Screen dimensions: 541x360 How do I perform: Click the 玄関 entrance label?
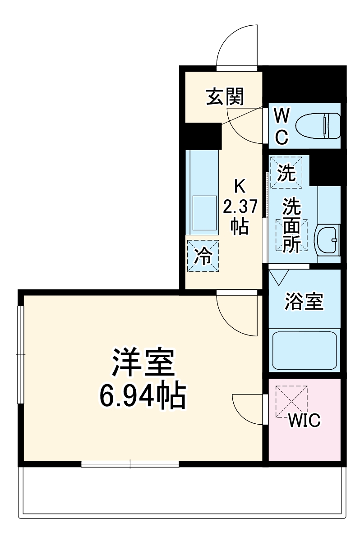click(x=225, y=97)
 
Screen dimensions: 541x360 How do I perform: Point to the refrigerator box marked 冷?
click(x=203, y=257)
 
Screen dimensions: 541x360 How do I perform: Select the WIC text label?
click(x=304, y=421)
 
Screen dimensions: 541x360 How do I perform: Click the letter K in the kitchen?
click(x=240, y=186)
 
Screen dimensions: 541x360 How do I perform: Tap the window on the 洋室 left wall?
click(x=20, y=355)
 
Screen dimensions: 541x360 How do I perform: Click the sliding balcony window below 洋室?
click(x=130, y=464)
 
